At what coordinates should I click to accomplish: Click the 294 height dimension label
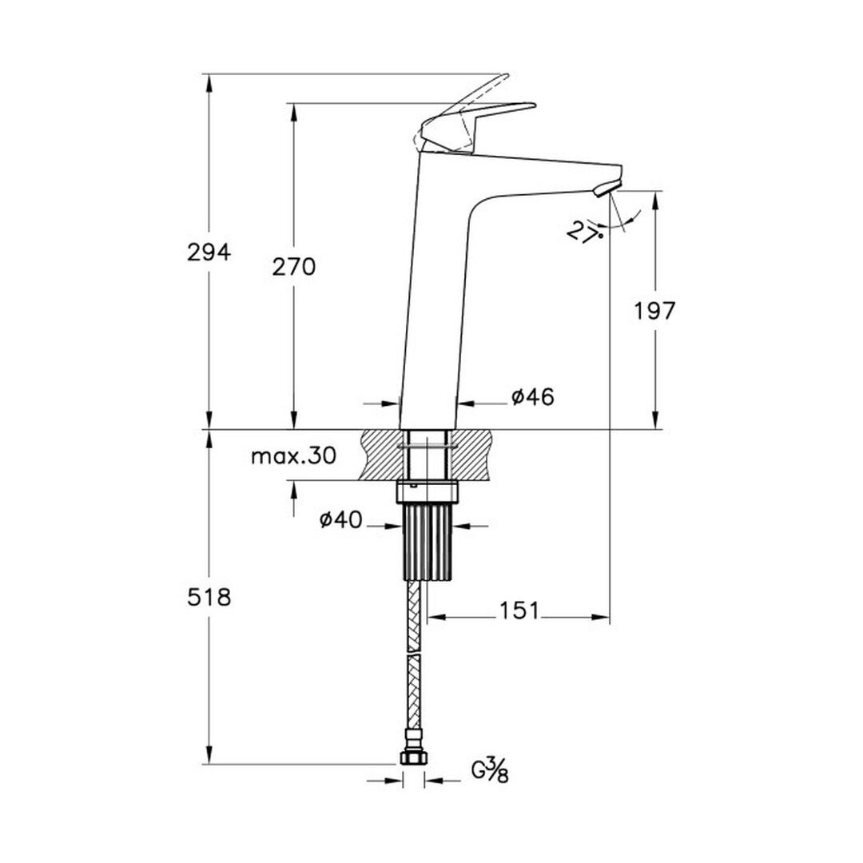(209, 252)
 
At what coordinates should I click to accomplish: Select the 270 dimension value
(294, 267)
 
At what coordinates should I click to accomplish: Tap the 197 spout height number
(654, 312)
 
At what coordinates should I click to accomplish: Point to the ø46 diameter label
(533, 396)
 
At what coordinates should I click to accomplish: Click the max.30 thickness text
(293, 455)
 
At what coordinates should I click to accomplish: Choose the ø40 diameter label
(341, 519)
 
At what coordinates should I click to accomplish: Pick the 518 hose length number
(209, 597)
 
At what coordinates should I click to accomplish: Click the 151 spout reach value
(520, 610)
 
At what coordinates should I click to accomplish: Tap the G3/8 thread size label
(490, 770)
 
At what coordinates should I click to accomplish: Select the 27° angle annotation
(583, 233)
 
